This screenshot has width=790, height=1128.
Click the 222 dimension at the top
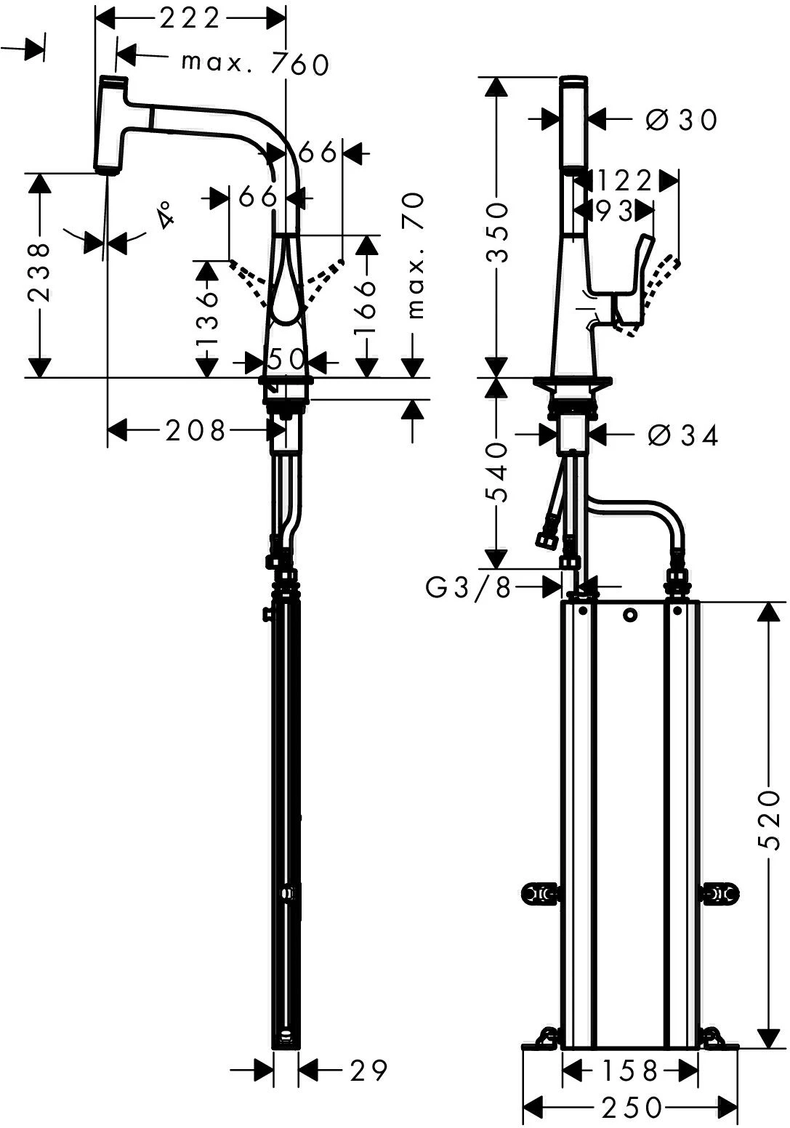(x=190, y=18)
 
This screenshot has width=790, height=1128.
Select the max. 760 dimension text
(x=255, y=65)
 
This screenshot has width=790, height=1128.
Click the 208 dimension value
(x=196, y=431)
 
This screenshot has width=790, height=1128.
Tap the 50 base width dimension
(x=286, y=360)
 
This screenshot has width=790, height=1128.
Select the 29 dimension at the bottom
(x=368, y=1069)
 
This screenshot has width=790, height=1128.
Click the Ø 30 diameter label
(x=681, y=119)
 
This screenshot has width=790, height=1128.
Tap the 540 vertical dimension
(x=496, y=472)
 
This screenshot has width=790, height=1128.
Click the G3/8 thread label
(x=469, y=587)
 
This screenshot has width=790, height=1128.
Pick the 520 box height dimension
(x=767, y=821)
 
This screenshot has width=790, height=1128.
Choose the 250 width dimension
(x=632, y=1108)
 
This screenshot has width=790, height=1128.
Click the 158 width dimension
(x=631, y=1070)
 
